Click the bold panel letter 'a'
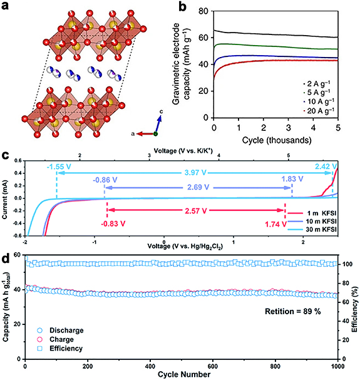click(6, 6)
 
